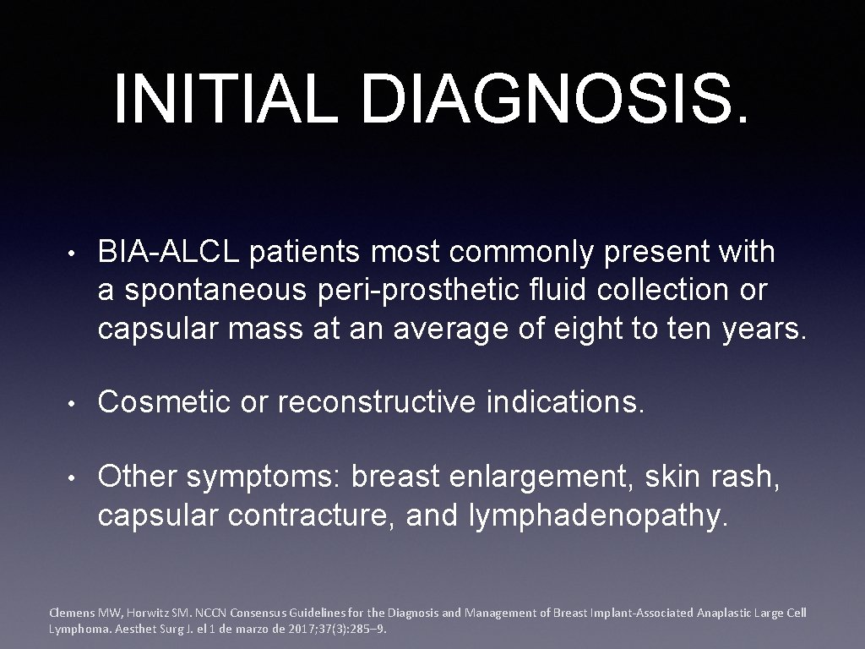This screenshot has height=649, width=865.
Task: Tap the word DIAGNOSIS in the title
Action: [545, 98]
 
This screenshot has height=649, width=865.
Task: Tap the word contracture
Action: [312, 515]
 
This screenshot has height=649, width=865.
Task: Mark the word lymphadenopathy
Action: [596, 515]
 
